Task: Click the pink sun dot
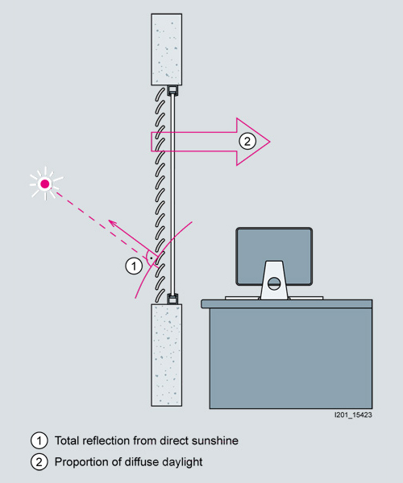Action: click(45, 184)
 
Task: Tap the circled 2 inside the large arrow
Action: click(247, 142)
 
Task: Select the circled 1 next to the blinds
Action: click(134, 266)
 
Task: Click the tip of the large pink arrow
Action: click(270, 142)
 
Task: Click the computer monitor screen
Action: click(274, 256)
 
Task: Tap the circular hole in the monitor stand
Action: click(274, 283)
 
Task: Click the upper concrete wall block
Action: click(167, 49)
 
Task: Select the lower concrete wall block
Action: click(167, 355)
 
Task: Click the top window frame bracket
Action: click(172, 90)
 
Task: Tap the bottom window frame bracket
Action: click(172, 299)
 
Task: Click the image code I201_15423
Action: click(353, 415)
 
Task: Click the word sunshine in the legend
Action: click(215, 440)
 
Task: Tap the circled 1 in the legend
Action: click(39, 440)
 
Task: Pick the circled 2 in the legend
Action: click(39, 462)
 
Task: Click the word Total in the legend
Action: click(67, 440)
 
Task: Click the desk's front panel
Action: click(291, 358)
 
